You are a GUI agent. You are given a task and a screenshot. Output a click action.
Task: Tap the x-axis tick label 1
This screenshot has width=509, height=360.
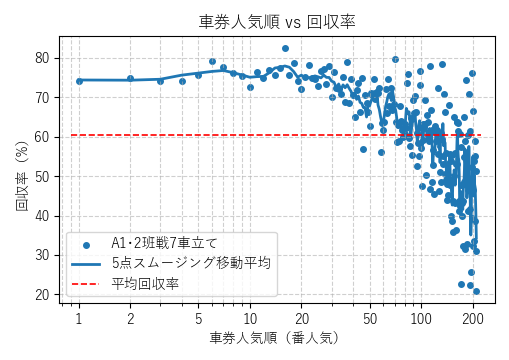(x=78, y=317)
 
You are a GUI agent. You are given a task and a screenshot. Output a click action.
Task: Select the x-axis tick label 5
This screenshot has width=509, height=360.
(x=198, y=317)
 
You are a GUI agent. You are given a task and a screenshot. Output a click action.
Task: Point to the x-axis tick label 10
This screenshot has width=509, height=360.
(x=250, y=317)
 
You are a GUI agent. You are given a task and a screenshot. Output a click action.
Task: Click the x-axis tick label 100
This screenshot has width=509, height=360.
(x=421, y=317)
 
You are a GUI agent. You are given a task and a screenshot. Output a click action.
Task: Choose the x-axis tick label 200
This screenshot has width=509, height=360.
(x=473, y=317)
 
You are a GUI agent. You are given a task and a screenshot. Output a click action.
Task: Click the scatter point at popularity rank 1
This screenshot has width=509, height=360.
(x=79, y=81)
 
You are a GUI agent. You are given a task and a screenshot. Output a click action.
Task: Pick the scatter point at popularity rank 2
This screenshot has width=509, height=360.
(x=130, y=78)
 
